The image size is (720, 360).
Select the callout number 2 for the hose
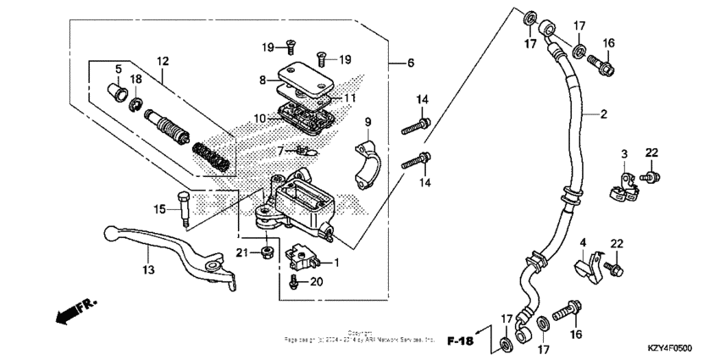[604, 113]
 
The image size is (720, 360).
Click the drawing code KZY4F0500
[670, 348]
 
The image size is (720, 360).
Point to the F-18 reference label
[462, 341]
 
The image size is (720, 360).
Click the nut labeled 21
[265, 252]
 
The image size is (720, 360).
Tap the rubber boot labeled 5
[119, 89]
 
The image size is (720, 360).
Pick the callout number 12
[162, 61]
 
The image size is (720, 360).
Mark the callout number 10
[261, 118]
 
